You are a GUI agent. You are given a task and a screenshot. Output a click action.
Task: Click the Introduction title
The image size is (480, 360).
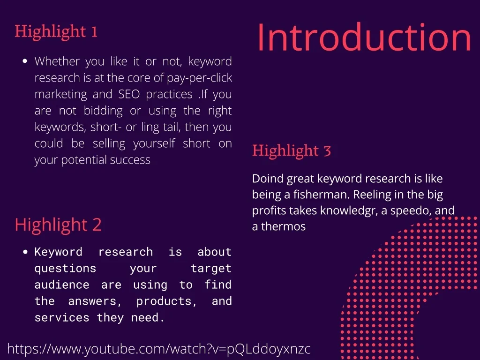click(x=364, y=37)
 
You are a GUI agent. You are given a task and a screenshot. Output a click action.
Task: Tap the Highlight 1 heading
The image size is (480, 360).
click(x=56, y=31)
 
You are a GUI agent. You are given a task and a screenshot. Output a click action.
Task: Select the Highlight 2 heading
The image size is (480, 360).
click(x=58, y=225)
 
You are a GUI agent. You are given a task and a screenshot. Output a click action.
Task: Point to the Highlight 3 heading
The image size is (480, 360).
click(x=292, y=151)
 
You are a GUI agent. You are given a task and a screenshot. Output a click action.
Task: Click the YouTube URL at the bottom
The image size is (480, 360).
click(x=159, y=349)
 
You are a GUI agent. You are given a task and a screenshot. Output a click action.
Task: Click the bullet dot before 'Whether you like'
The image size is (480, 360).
click(x=25, y=62)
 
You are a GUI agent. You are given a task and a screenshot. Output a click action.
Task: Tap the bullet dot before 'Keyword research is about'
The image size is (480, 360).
click(x=26, y=252)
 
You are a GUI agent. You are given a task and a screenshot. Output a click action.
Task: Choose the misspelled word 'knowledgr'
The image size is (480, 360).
click(x=349, y=210)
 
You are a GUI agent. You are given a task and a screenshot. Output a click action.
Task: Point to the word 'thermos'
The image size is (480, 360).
click(x=283, y=226)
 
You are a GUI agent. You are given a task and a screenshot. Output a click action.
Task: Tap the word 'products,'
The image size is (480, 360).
click(x=167, y=301)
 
